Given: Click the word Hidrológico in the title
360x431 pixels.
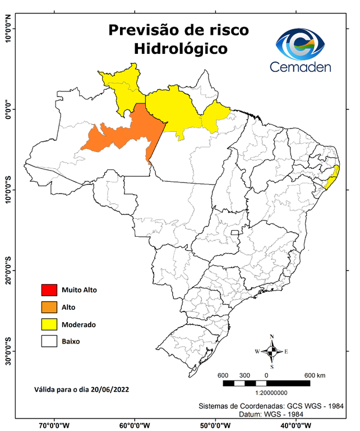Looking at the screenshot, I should pos(180,49).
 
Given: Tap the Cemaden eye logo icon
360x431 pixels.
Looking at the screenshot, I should pos(304,44).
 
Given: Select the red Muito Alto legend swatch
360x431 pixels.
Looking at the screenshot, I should pos(49,290).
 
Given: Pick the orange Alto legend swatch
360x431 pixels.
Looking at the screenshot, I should pos(49,307).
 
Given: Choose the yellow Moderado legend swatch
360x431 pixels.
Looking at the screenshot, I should pos(49,324).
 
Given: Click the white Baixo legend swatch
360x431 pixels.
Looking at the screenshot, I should pos(49,341).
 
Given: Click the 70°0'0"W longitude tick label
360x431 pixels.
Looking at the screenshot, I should pos(54,425).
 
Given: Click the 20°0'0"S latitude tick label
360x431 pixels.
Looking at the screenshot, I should pos(8,272).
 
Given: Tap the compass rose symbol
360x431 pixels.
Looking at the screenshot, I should pos(271,352).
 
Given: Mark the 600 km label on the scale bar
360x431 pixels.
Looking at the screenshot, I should pos(315,375).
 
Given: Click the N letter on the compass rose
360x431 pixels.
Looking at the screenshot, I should pos(271,338).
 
